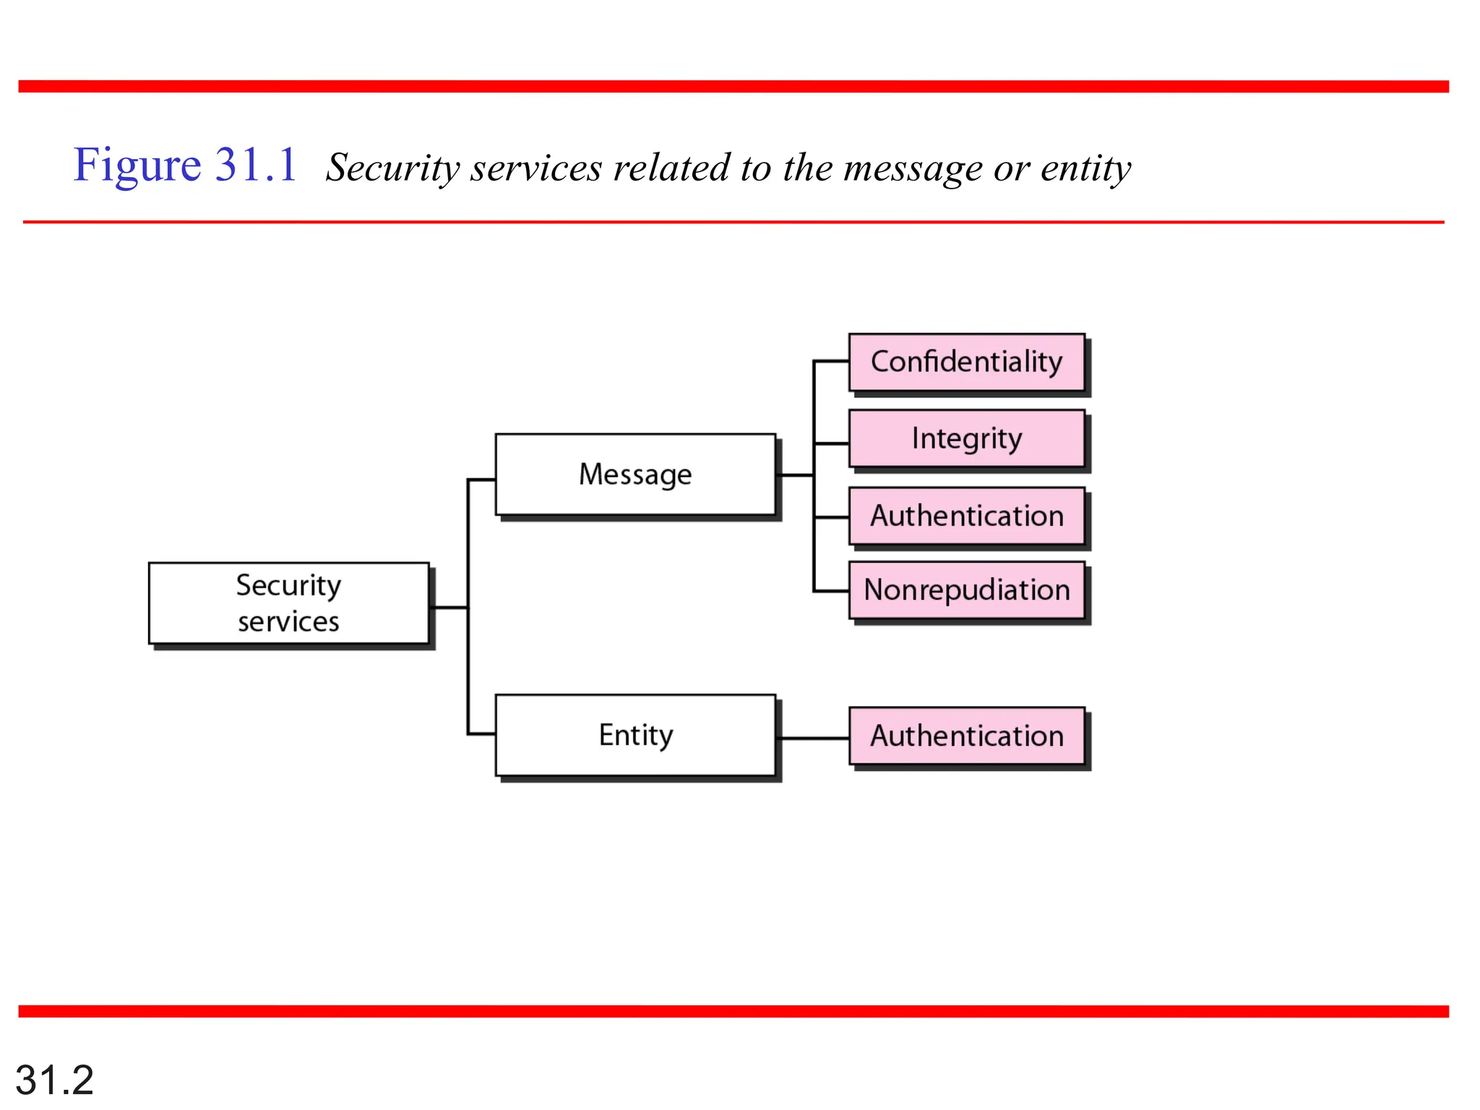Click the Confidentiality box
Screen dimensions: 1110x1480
pos(966,362)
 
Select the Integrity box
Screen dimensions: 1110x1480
pos(966,439)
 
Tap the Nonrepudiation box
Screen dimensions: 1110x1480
pos(966,590)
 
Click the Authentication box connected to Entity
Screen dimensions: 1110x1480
pos(966,736)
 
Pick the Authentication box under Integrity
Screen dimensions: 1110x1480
pos(966,516)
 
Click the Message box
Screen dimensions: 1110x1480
pos(635,475)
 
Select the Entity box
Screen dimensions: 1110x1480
pos(635,735)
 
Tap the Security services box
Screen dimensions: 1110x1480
pos(288,603)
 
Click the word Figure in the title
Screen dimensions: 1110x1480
pos(137,165)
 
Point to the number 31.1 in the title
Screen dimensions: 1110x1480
pos(256,165)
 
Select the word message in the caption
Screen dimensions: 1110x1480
pos(912,168)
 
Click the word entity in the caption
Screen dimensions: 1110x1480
pos(1085,168)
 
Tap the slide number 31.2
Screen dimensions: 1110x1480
pos(54,1080)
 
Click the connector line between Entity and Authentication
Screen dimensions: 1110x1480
pos(814,738)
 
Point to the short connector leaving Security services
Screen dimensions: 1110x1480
pos(449,607)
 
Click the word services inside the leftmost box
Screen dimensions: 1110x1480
pos(288,621)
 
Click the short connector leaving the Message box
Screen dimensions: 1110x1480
pos(796,475)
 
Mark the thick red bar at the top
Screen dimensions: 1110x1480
pos(733,87)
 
